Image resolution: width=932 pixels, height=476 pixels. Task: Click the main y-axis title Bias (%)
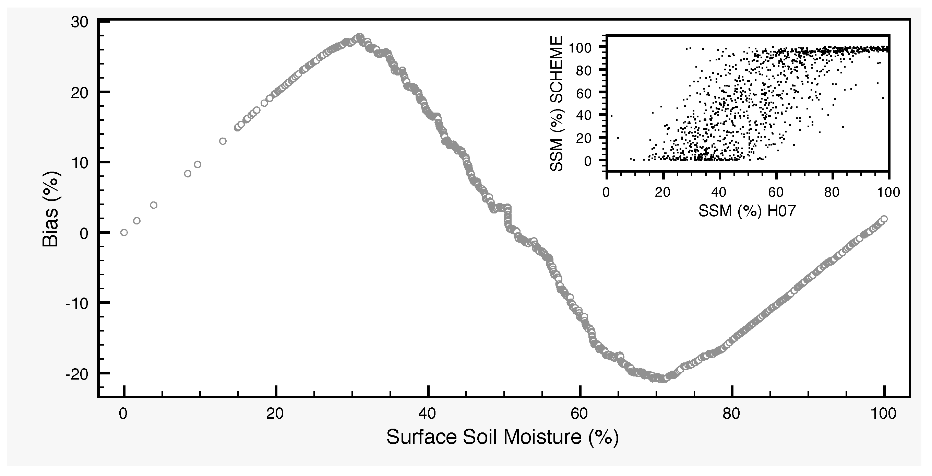pyautogui.click(x=51, y=210)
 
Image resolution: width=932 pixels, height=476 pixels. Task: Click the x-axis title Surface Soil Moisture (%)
pyautogui.click(x=503, y=437)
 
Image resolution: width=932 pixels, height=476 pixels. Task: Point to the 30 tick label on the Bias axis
pyautogui.click(x=79, y=22)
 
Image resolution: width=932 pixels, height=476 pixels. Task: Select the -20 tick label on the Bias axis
pyautogui.click(x=77, y=374)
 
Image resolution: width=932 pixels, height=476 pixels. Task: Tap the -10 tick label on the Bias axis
pyautogui.click(x=77, y=303)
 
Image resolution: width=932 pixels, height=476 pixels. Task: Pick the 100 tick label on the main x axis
pyautogui.click(x=884, y=414)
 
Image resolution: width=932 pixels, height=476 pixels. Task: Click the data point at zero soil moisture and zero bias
pyautogui.click(x=124, y=232)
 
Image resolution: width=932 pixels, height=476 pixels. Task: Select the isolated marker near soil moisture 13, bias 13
pyautogui.click(x=223, y=141)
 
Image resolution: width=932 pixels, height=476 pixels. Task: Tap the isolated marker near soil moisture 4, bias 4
pyautogui.click(x=153, y=205)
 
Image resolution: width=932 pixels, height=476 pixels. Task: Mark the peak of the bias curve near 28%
pyautogui.click(x=360, y=37)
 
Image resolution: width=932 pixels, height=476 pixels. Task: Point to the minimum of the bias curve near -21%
pyautogui.click(x=663, y=379)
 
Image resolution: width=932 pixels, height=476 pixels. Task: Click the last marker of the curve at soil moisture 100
pyautogui.click(x=884, y=219)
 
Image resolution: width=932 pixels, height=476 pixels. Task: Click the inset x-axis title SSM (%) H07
pyautogui.click(x=747, y=211)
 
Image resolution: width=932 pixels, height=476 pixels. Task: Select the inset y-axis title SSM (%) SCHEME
pyautogui.click(x=557, y=104)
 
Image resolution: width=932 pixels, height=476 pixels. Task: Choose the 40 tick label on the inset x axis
pyautogui.click(x=719, y=192)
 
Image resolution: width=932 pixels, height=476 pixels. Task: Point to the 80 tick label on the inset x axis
pyautogui.click(x=832, y=192)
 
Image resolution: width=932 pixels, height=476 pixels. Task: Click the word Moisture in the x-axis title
pyautogui.click(x=542, y=437)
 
